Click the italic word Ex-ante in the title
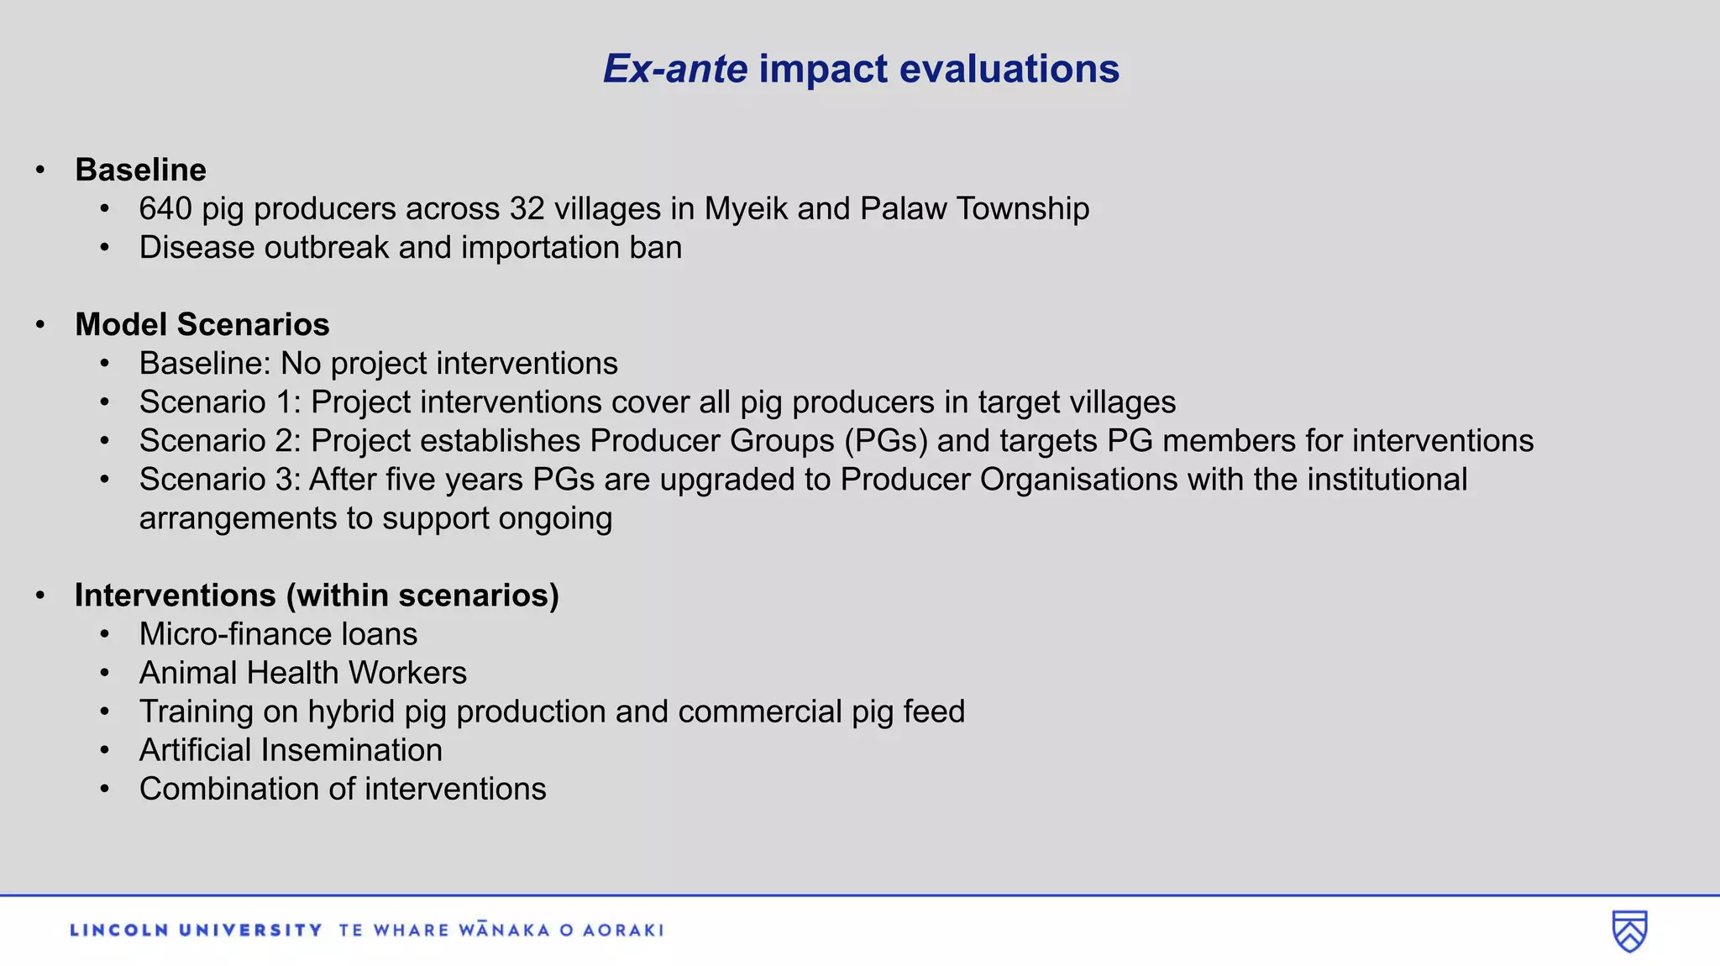674,69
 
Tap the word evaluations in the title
1009,69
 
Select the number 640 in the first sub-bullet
165,208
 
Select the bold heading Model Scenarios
202,324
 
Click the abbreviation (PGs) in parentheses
885,441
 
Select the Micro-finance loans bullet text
278,634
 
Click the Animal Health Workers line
302,673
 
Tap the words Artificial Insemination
291,750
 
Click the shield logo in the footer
1628,931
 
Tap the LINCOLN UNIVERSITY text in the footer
196,930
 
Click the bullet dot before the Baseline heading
40,171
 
